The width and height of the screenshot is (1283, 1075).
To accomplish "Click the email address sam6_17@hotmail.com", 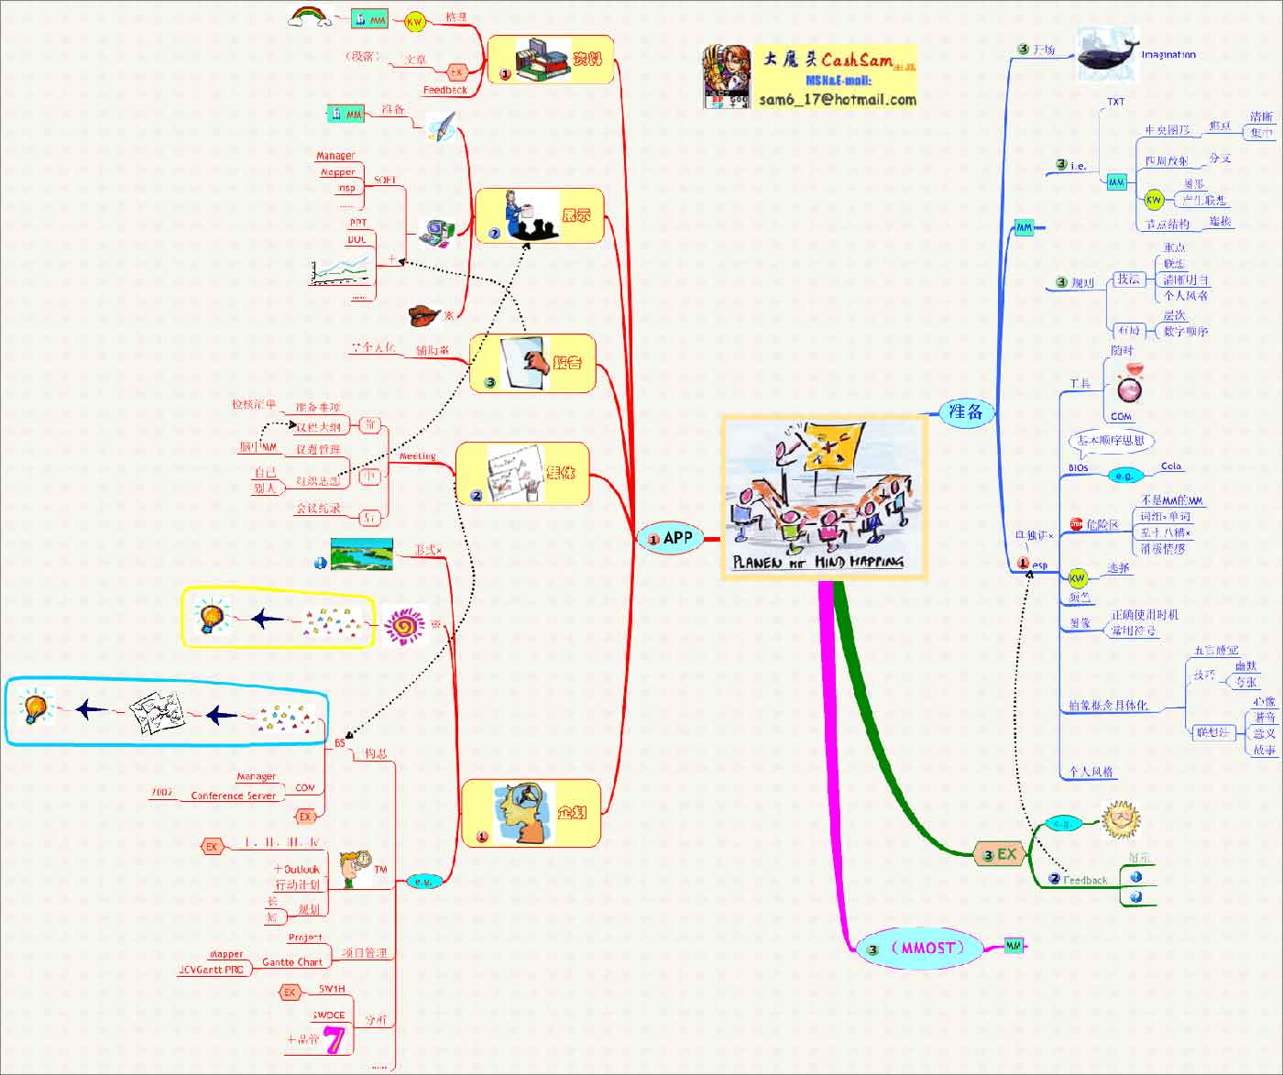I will [837, 100].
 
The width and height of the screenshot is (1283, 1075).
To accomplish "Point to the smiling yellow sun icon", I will [1120, 818].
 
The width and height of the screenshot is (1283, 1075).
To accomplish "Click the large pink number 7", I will [334, 1039].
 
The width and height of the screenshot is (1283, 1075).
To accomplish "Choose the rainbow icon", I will [310, 16].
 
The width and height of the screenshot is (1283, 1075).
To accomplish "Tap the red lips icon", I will [424, 315].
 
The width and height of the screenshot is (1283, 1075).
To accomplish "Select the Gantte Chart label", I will [292, 962].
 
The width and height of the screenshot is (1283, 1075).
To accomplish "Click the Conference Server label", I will [233, 795].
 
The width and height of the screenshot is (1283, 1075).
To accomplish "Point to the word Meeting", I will [417, 455].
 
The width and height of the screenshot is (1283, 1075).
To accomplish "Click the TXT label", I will [1115, 102].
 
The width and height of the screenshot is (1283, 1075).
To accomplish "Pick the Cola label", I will [1171, 466].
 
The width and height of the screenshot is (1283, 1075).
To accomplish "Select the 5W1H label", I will [332, 989].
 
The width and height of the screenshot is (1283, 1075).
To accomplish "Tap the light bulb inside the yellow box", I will [212, 617].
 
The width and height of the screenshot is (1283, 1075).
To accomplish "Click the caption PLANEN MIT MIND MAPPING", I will [817, 562].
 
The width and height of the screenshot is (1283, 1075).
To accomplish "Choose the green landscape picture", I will [361, 554].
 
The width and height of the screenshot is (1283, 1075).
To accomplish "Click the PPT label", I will [357, 223].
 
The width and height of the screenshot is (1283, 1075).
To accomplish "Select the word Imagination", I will [1168, 55].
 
